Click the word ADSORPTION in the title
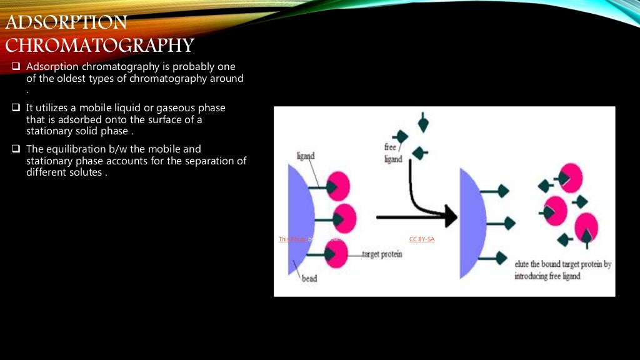[x=66, y=23]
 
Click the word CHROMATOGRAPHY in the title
[x=99, y=46]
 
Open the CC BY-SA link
[x=421, y=239]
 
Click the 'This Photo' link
[x=292, y=239]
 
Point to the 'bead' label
[x=309, y=279]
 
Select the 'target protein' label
[x=382, y=254]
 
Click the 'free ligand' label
[x=393, y=153]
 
